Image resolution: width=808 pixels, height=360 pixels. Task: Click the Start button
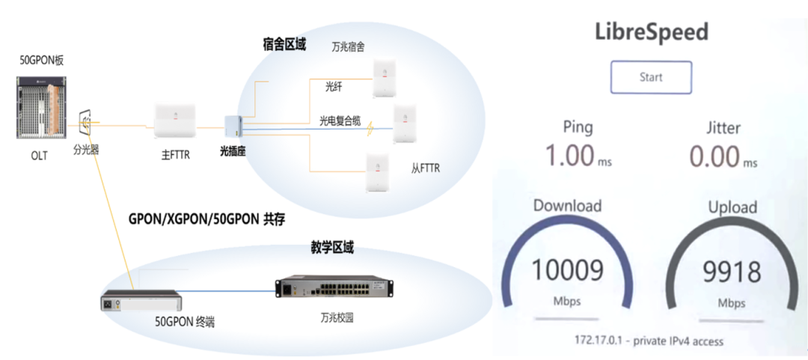651,77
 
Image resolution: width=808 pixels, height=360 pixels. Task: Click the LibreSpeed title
651,32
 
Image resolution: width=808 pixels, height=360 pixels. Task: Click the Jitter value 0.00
714,156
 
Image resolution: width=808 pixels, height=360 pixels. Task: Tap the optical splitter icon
86,121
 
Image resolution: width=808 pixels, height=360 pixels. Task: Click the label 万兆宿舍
348,47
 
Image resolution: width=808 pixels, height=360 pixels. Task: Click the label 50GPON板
42,61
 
